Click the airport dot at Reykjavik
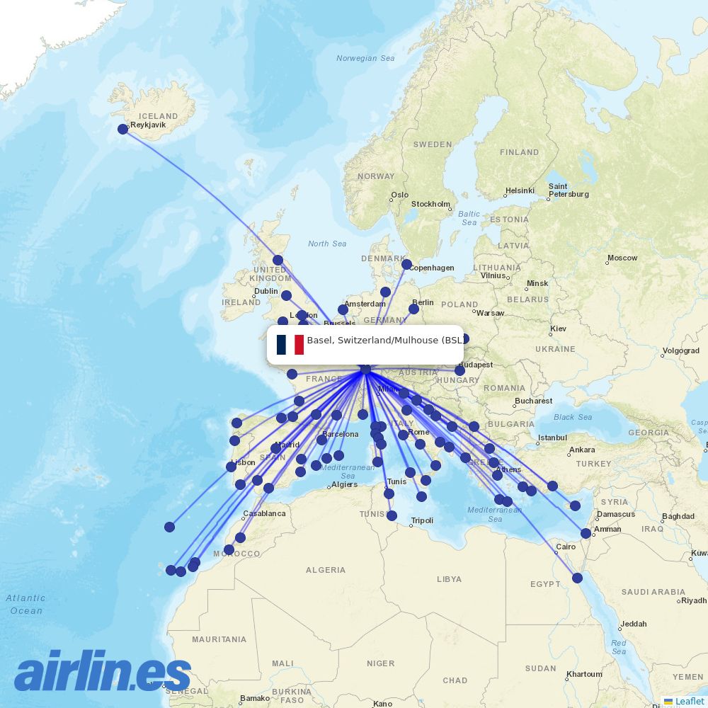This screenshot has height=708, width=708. pyautogui.click(x=123, y=129)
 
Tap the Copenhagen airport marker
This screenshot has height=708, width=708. pyautogui.click(x=406, y=264)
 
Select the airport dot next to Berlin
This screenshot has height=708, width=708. pyautogui.click(x=413, y=309)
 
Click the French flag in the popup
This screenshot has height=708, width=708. pyautogui.click(x=290, y=345)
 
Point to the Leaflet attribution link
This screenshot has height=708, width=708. pyautogui.click(x=689, y=701)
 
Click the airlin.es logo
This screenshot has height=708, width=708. pyautogui.click(x=103, y=671)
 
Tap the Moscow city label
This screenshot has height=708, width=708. pyautogui.click(x=622, y=258)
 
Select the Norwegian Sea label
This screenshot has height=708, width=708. pyautogui.click(x=365, y=58)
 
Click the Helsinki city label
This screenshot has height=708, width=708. pyautogui.click(x=520, y=191)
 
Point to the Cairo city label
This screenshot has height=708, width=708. pyautogui.click(x=566, y=547)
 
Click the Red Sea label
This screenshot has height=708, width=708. pyautogui.click(x=619, y=646)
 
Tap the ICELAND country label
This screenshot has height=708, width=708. pyautogui.click(x=159, y=116)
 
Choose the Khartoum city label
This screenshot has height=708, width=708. pyautogui.click(x=585, y=674)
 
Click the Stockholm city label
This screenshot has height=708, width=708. pyautogui.click(x=430, y=204)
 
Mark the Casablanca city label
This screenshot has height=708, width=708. pyautogui.click(x=264, y=513)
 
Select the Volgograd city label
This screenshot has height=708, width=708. pyautogui.click(x=680, y=350)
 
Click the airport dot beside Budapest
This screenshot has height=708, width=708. pyautogui.click(x=459, y=370)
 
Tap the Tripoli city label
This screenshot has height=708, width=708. pyautogui.click(x=422, y=520)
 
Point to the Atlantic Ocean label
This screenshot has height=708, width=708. pyautogui.click(x=26, y=604)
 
